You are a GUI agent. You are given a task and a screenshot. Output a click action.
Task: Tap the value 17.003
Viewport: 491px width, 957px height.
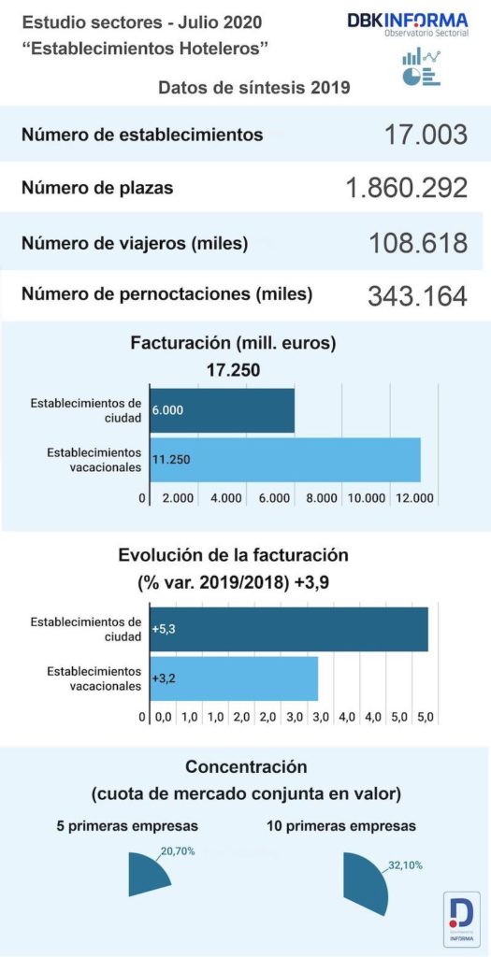[425, 135]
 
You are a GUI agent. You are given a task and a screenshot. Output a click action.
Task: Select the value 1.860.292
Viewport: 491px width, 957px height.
[406, 188]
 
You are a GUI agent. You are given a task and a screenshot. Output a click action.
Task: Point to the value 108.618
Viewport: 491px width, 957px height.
[418, 243]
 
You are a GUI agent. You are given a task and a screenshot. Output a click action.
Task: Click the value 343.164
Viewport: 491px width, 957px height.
[417, 295]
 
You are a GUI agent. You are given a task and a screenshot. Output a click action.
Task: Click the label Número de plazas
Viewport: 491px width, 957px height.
[96, 188]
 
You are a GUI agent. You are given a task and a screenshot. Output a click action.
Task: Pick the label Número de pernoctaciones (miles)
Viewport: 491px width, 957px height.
[166, 294]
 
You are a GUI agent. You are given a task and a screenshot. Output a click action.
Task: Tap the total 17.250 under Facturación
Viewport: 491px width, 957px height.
[233, 370]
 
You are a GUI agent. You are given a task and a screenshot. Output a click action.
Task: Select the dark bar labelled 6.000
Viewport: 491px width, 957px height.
[222, 410]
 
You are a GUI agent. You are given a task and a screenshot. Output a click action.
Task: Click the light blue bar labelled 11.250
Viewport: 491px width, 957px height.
[285, 459]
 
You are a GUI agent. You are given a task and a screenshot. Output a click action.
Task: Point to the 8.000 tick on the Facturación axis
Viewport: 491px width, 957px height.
[321, 498]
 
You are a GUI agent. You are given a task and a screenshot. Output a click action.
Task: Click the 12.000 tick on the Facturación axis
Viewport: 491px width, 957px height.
[415, 498]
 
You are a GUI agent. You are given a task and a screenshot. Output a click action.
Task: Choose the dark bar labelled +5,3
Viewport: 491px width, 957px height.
[288, 629]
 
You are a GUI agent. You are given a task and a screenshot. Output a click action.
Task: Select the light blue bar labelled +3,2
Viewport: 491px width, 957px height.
[234, 678]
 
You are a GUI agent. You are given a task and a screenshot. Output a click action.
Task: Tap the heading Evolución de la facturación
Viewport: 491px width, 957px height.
[233, 554]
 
